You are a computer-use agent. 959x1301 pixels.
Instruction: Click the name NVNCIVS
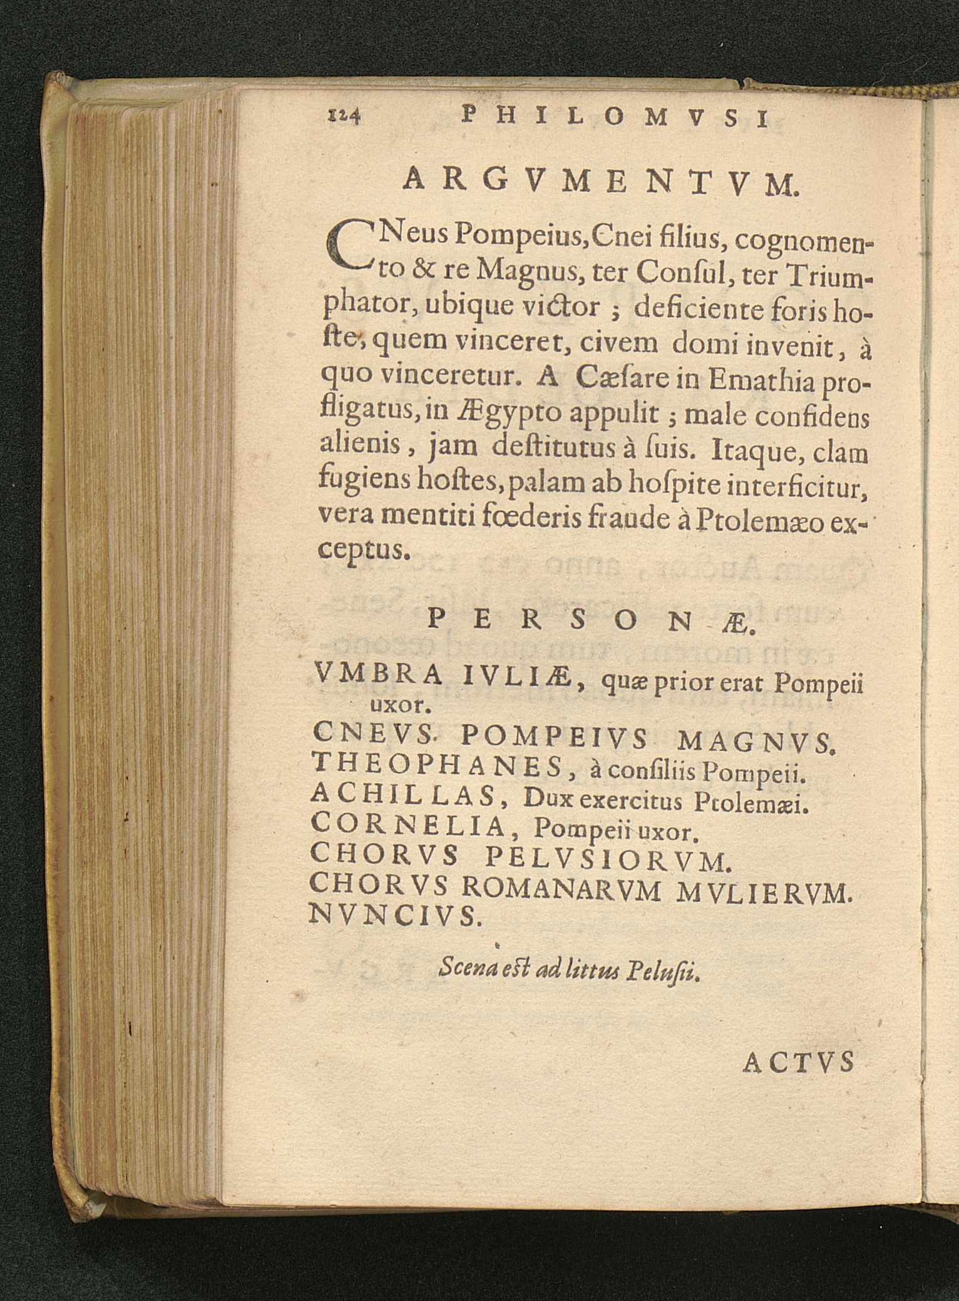(395, 916)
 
